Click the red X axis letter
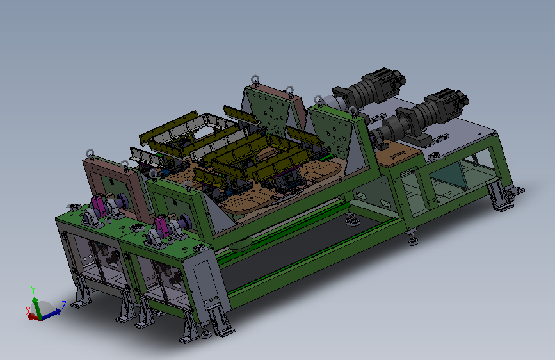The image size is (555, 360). pos(28,311)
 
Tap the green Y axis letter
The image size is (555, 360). pos(33,290)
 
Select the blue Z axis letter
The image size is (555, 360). pos(64,305)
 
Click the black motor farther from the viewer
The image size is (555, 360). pos(370,89)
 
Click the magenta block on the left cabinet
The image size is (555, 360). pos(98,206)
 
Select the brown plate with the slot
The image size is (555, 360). pos(398,154)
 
